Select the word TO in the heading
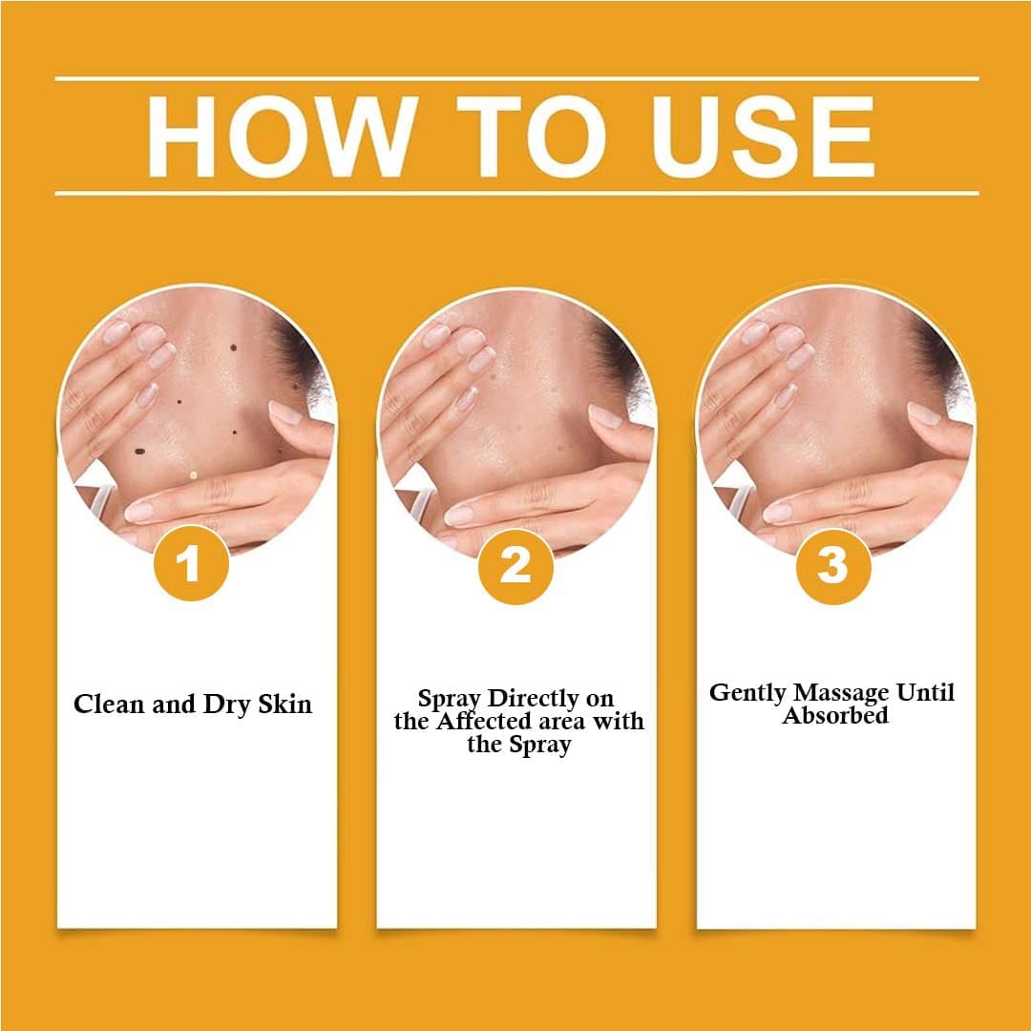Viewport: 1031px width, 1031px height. [532, 137]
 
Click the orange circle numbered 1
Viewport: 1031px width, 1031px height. [191, 563]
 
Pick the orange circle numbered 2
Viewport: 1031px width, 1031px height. [515, 566]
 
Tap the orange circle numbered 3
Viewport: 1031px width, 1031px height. [833, 566]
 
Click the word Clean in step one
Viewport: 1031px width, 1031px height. [109, 705]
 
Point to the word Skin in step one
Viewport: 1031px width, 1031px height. [284, 705]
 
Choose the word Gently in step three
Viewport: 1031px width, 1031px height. [747, 694]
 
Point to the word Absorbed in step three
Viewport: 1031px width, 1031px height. [835, 715]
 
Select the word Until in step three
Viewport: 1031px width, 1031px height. [926, 692]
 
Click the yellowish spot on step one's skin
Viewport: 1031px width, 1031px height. [193, 474]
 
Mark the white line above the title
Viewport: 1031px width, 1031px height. [516, 79]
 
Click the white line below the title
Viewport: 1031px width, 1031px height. [516, 193]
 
